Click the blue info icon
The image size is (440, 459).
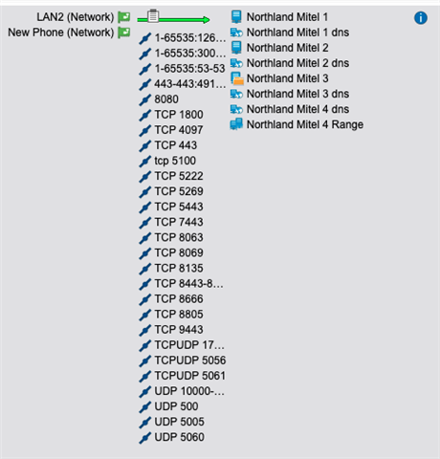pos(421,18)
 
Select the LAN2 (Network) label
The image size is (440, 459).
pos(76,17)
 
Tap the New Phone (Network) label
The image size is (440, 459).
pos(61,33)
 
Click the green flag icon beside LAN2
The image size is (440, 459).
pos(124,17)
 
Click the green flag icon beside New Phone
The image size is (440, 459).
pos(124,33)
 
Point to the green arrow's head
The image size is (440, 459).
pos(207,20)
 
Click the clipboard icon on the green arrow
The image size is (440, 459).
pos(153,15)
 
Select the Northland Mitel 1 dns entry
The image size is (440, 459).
pos(297,33)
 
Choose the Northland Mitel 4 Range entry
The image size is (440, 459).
pos(305,124)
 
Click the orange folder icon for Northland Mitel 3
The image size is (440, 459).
pos(238,81)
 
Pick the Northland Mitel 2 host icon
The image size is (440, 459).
pos(236,48)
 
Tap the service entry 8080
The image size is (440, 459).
pos(166,99)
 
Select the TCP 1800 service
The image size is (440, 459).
pos(179,115)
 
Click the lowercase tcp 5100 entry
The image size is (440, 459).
pos(175,161)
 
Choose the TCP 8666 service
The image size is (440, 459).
pos(179,299)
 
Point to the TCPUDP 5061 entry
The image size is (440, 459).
pos(190,376)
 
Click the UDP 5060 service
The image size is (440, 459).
pos(179,437)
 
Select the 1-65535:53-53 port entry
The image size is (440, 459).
pos(189,69)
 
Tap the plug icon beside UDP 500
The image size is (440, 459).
pos(145,406)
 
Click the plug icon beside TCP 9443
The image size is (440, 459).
pos(145,330)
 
